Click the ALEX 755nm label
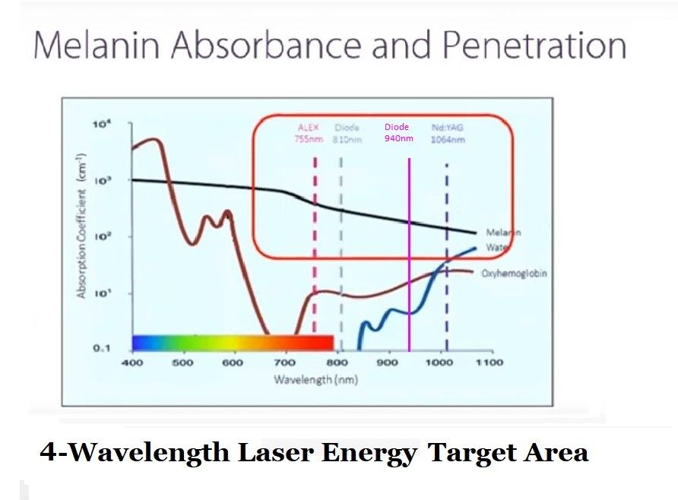309,133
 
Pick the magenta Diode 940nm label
398,132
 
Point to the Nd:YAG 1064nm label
448,134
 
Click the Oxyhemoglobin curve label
515,273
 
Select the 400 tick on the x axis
132,362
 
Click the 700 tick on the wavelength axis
285,362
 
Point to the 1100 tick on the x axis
489,362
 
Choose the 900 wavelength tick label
388,362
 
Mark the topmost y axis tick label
101,123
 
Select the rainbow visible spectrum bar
232,342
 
